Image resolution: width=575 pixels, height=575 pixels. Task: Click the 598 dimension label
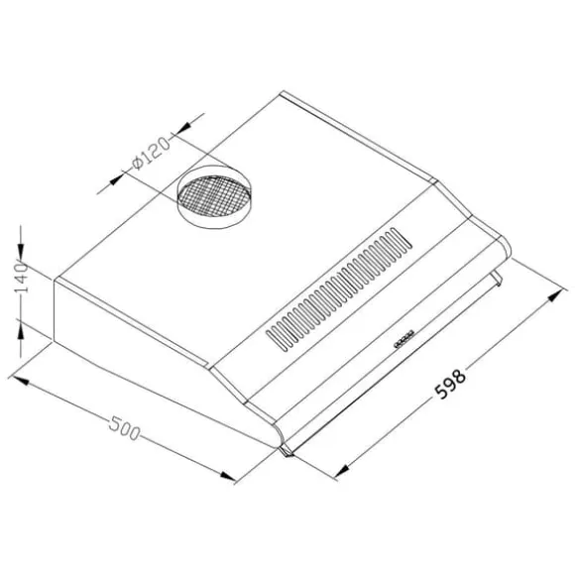450,384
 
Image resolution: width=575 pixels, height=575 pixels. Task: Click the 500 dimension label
124,428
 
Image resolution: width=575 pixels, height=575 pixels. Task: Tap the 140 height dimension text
21,278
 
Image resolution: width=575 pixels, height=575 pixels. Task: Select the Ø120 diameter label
152,153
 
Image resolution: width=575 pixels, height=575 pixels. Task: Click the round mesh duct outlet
214,196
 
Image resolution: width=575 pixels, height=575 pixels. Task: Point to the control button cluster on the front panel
403,338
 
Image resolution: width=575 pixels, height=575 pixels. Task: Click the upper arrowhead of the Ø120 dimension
183,127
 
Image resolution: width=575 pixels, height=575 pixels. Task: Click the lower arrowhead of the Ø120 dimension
117,179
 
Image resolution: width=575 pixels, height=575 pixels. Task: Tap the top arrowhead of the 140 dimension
21,252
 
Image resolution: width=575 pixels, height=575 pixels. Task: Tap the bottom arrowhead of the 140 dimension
21,331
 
